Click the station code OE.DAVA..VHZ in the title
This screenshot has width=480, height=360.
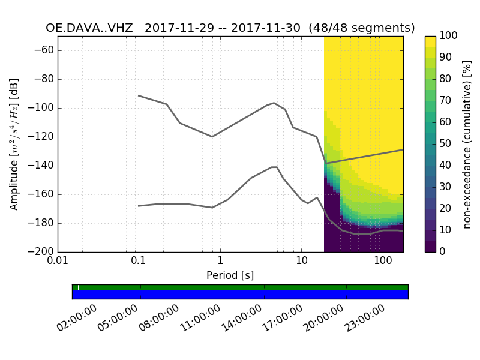[89, 28]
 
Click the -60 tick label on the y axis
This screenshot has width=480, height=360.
[46, 50]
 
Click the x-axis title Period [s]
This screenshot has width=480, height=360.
[230, 275]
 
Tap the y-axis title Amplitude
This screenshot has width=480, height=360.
[14, 144]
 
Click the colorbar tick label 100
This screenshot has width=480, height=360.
[449, 36]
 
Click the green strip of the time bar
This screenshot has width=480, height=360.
[240, 288]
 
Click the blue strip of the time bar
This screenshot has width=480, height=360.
[240, 295]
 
